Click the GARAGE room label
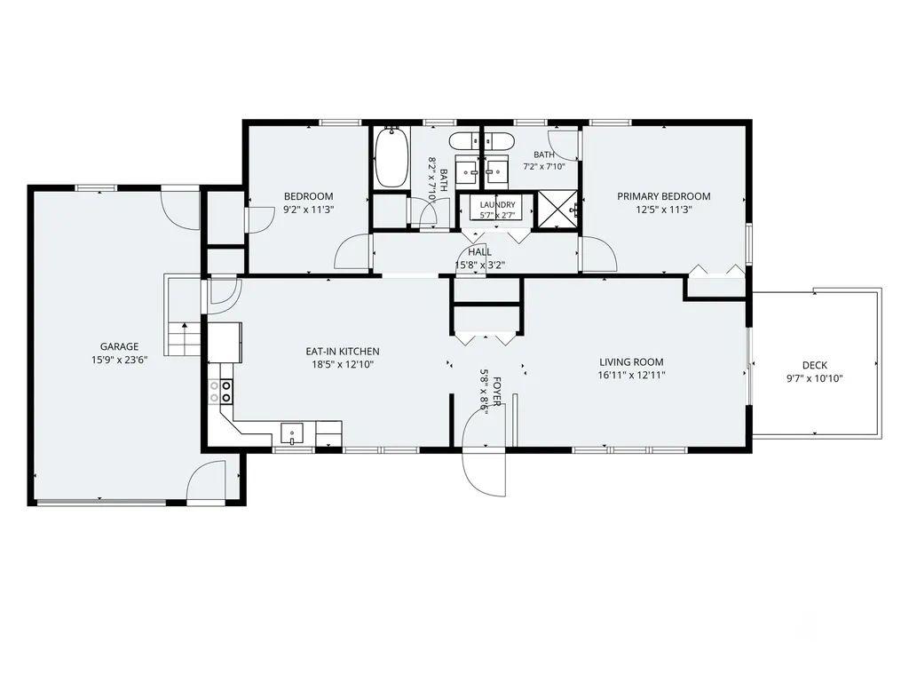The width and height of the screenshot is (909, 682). click(x=120, y=347)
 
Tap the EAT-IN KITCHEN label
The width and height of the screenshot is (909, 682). click(x=343, y=352)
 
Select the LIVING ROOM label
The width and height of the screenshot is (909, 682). click(x=631, y=362)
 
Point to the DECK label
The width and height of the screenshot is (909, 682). click(x=815, y=365)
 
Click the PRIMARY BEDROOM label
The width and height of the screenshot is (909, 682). click(x=664, y=196)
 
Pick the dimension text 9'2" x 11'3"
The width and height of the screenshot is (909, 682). click(x=308, y=210)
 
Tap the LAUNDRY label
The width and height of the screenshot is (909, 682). click(x=497, y=205)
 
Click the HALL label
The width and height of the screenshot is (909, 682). click(x=479, y=251)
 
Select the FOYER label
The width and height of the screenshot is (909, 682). click(x=497, y=392)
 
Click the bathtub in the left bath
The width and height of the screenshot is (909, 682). click(x=391, y=157)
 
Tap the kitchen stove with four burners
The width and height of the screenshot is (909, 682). click(x=221, y=391)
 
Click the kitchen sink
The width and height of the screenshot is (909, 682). click(x=292, y=433)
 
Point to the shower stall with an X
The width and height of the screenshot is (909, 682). click(x=558, y=210)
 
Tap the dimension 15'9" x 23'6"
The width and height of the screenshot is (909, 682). click(x=120, y=361)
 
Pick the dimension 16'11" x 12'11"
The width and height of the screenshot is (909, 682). click(x=631, y=376)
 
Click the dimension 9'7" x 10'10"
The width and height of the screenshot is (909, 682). click(x=815, y=378)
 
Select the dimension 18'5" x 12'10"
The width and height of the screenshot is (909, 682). click(x=343, y=365)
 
